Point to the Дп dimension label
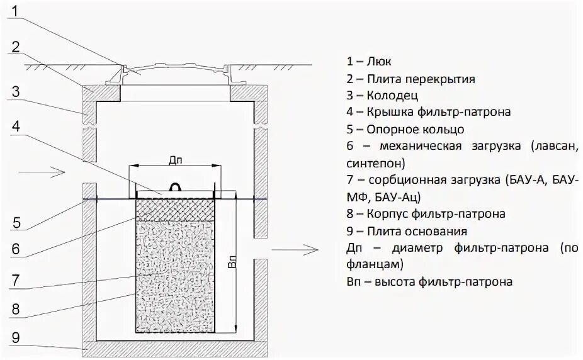click(176, 160)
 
